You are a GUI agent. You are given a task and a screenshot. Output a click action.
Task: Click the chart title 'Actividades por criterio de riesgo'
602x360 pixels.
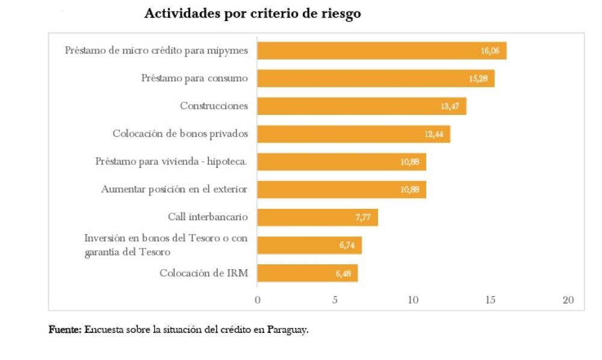tap(252, 14)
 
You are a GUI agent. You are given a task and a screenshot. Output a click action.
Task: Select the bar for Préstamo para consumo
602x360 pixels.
tap(376, 78)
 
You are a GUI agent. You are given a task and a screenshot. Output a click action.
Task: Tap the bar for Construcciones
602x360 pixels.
tap(361, 106)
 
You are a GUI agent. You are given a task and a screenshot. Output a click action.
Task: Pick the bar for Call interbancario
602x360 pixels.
tap(317, 217)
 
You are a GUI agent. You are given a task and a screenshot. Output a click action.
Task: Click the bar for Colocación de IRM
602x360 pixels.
tap(307, 273)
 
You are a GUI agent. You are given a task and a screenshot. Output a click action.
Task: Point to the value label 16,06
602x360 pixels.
tap(490, 51)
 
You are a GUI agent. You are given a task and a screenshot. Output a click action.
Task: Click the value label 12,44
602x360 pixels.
tap(433, 134)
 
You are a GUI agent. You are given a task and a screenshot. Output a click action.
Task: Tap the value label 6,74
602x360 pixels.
tap(345, 246)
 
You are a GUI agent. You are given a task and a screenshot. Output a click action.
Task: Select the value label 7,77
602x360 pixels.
tap(362, 217)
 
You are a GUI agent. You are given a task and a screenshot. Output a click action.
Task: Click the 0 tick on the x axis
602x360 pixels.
tap(258, 300)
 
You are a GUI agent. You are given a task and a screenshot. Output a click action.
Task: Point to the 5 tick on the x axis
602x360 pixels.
tap(335, 300)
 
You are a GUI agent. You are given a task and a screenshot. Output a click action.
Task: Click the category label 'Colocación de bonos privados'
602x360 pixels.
tap(180, 134)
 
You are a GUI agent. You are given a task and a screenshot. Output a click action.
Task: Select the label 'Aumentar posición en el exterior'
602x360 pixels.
tap(175, 189)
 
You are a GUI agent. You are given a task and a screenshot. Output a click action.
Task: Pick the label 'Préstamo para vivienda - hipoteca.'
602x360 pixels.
tap(172, 161)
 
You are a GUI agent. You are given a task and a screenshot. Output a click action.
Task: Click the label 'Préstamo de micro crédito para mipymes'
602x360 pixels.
tap(157, 51)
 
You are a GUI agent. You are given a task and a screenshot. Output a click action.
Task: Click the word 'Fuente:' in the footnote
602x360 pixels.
tap(65, 330)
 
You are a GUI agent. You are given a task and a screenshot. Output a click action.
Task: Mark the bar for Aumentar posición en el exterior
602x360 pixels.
tap(341, 189)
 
